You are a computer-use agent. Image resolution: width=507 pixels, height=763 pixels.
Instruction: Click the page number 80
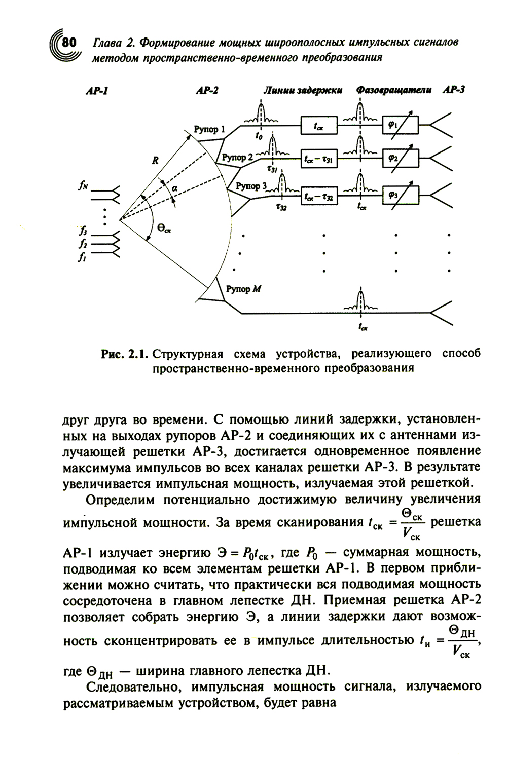click(x=67, y=42)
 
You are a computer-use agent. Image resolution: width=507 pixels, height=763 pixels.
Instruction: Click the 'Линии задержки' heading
click(x=303, y=90)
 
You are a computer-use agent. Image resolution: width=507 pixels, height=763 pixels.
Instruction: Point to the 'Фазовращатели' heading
click(x=394, y=90)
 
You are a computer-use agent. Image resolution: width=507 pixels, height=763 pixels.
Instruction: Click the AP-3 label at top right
click(x=454, y=90)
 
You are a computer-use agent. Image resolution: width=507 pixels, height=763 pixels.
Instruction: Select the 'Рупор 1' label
click(x=209, y=130)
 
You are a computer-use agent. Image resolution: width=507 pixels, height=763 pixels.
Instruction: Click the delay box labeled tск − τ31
click(x=319, y=159)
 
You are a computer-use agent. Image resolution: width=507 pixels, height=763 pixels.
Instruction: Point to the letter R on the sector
click(x=155, y=161)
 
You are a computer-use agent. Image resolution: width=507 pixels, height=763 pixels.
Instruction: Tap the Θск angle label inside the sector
click(x=164, y=229)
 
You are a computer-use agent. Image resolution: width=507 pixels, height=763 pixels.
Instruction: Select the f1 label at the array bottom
click(x=82, y=258)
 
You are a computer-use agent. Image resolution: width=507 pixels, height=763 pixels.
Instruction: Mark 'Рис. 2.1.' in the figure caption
click(x=124, y=354)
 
